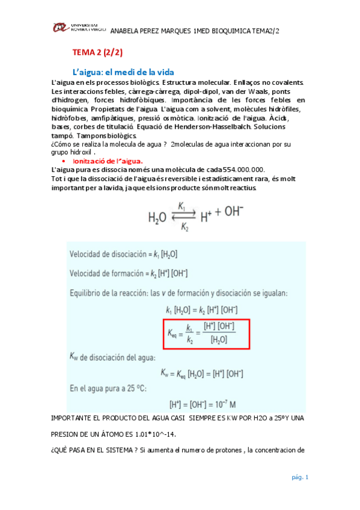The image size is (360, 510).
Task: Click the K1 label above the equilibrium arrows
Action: click(x=189, y=206)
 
